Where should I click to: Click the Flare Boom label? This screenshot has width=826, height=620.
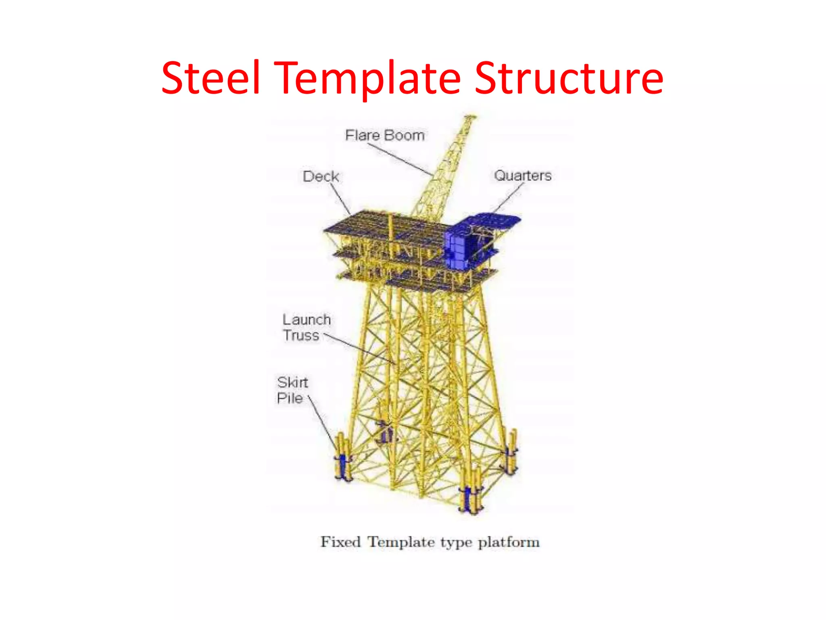[385, 135]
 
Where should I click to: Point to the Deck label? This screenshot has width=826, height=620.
[321, 176]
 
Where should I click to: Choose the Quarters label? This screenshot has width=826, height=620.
[523, 176]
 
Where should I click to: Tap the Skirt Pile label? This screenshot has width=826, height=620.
[292, 390]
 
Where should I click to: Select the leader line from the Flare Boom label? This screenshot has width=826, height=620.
[399, 159]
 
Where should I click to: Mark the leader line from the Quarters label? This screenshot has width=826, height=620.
[509, 198]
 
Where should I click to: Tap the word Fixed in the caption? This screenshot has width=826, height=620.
[340, 542]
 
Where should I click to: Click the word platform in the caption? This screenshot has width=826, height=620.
[509, 542]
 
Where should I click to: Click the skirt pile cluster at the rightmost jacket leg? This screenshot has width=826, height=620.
[510, 454]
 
